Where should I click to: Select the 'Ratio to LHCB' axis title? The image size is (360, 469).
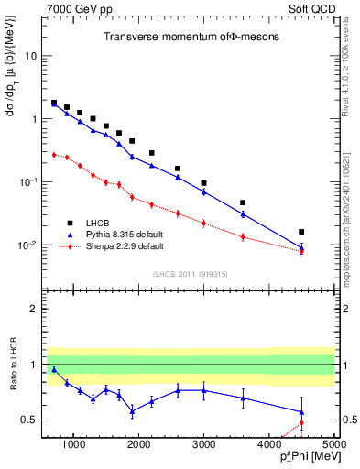[x=13, y=376]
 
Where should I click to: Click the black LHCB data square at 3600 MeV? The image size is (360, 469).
[x=243, y=202]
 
